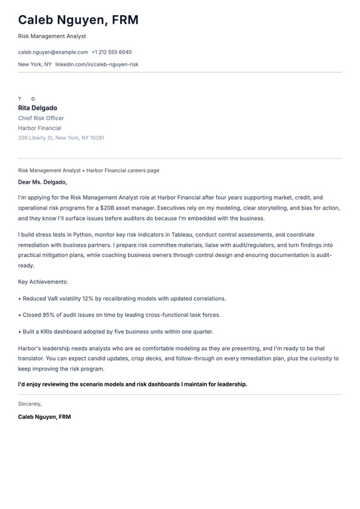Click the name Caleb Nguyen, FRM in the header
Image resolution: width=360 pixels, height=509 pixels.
78,20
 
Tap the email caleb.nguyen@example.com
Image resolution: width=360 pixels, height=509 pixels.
53,52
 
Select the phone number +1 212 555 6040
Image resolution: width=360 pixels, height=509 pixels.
111,52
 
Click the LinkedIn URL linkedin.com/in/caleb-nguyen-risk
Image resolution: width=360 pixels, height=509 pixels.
97,64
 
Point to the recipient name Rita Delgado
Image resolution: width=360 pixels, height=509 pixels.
38,108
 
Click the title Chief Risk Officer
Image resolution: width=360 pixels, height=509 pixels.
41,118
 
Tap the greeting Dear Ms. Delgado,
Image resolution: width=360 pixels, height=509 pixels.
42,182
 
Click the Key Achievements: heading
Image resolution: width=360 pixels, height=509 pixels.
43,282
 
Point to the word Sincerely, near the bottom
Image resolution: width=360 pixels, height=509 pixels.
30,404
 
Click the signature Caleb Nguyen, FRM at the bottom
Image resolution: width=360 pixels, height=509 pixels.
44,417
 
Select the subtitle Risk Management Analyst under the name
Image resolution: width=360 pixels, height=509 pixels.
52,36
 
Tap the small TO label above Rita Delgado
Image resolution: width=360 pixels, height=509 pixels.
27,99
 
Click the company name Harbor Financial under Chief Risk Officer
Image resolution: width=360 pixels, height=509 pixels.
40,128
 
